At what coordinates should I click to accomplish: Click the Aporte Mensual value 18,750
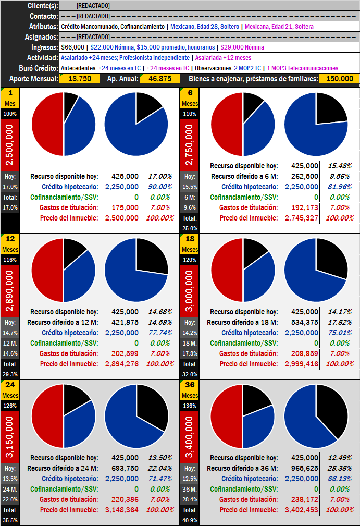tap(80, 78)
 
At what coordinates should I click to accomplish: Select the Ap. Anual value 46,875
tap(160, 78)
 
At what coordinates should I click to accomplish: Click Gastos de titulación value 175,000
tap(126, 207)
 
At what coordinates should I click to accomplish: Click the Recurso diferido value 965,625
tap(303, 468)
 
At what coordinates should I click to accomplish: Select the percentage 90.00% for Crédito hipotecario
tap(160, 187)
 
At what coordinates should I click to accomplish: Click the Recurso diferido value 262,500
tap(303, 176)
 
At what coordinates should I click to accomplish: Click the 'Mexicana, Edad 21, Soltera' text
tap(279, 26)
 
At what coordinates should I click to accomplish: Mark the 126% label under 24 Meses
tap(10, 406)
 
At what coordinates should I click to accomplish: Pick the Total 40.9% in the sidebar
tap(190, 520)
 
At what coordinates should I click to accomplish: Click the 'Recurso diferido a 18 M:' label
tap(242, 322)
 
